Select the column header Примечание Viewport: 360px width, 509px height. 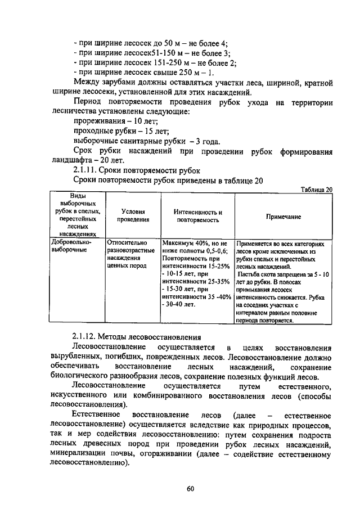pos(283,217)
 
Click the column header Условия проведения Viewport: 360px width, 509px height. pos(133,216)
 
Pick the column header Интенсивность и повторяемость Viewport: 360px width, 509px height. pos(196,217)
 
